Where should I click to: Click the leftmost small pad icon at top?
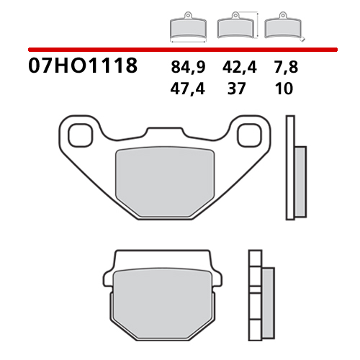click(186, 27)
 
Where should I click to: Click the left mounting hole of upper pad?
click(77, 134)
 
